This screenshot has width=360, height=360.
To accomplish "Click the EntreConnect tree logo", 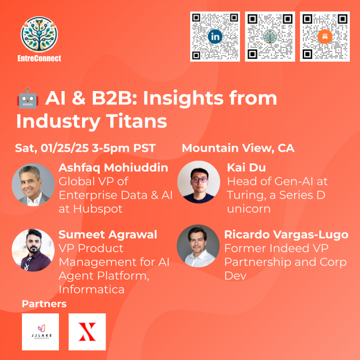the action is pyautogui.click(x=39, y=34).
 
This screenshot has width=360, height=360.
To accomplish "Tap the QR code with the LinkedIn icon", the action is pyautogui.click(x=215, y=36).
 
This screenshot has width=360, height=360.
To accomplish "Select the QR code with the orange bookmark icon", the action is pyautogui.click(x=325, y=36).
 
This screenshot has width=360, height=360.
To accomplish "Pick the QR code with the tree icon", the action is pyautogui.click(x=270, y=36).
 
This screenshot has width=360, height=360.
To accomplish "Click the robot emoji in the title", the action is pyautogui.click(x=27, y=98).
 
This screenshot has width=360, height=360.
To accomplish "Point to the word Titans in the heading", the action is pyautogui.click(x=137, y=121).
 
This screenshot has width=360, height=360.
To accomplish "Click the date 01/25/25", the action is pyautogui.click(x=64, y=148).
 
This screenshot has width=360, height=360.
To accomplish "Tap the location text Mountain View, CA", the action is pyautogui.click(x=238, y=148).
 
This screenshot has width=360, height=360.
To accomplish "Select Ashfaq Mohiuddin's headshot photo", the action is pyautogui.click(x=33, y=185).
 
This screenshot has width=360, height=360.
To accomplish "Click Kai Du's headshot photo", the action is pyautogui.click(x=199, y=182).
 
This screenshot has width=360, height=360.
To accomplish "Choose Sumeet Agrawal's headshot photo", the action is pyautogui.click(x=33, y=250).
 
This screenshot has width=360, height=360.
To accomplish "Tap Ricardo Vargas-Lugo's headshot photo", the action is pyautogui.click(x=198, y=246).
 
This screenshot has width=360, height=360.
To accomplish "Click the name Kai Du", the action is pyautogui.click(x=246, y=167).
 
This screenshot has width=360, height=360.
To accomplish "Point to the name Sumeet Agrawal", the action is pyautogui.click(x=108, y=235).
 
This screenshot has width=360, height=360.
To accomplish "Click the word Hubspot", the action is pyautogui.click(x=98, y=209).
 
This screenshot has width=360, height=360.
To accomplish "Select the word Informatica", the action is pyautogui.click(x=92, y=289).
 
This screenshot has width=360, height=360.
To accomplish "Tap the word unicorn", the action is pyautogui.click(x=249, y=209).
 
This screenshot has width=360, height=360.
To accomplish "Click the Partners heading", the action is pyautogui.click(x=44, y=304).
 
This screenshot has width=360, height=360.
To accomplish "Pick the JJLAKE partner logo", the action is pyautogui.click(x=40, y=332).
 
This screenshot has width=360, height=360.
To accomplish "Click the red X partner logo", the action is pyautogui.click(x=87, y=332).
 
